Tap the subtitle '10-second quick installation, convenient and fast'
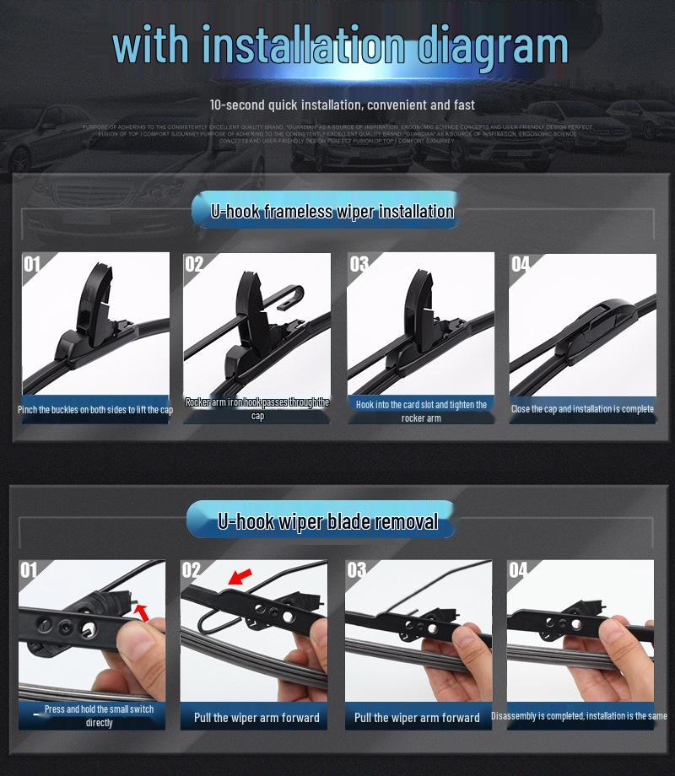point(342,105)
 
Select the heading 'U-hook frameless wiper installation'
point(332,212)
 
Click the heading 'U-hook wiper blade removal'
point(328,521)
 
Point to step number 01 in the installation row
point(32,265)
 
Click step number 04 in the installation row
point(521,265)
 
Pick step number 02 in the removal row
point(192,571)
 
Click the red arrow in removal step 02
point(240,578)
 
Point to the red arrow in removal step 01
point(143,612)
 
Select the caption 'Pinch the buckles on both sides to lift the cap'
point(95,410)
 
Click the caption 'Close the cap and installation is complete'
point(582,409)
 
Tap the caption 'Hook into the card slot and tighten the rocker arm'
point(421,411)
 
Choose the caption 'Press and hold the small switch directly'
point(99,715)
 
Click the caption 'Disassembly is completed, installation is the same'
point(580,716)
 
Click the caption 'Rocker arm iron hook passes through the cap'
point(257,408)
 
